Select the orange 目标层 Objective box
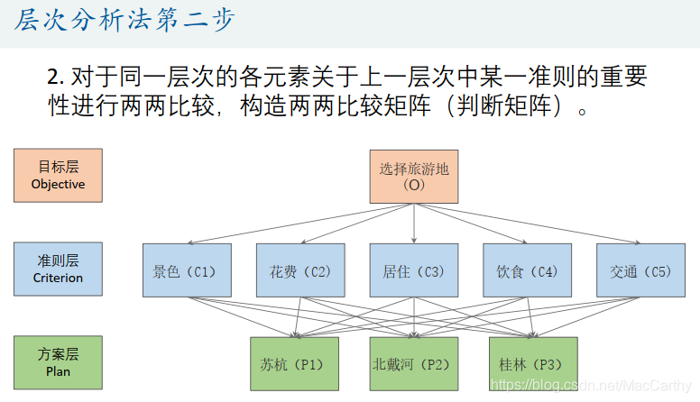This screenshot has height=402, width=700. tap(58, 175)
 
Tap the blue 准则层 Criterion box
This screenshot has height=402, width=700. tap(58, 269)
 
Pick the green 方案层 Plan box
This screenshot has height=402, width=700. tap(58, 362)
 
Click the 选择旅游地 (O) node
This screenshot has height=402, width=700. tap(414, 177)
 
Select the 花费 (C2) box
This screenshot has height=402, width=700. tap(300, 270)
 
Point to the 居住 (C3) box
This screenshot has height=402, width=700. tap(414, 270)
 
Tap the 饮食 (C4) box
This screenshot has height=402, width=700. tap(528, 270)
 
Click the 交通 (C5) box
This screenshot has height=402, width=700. tap(640, 270)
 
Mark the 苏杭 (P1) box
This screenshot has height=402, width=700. tap(294, 364)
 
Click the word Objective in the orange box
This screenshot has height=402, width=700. tap(58, 185)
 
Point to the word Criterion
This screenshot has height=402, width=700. tap(58, 279)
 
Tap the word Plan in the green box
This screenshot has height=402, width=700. tap(58, 371)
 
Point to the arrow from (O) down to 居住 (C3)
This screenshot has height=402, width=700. tap(414, 224)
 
